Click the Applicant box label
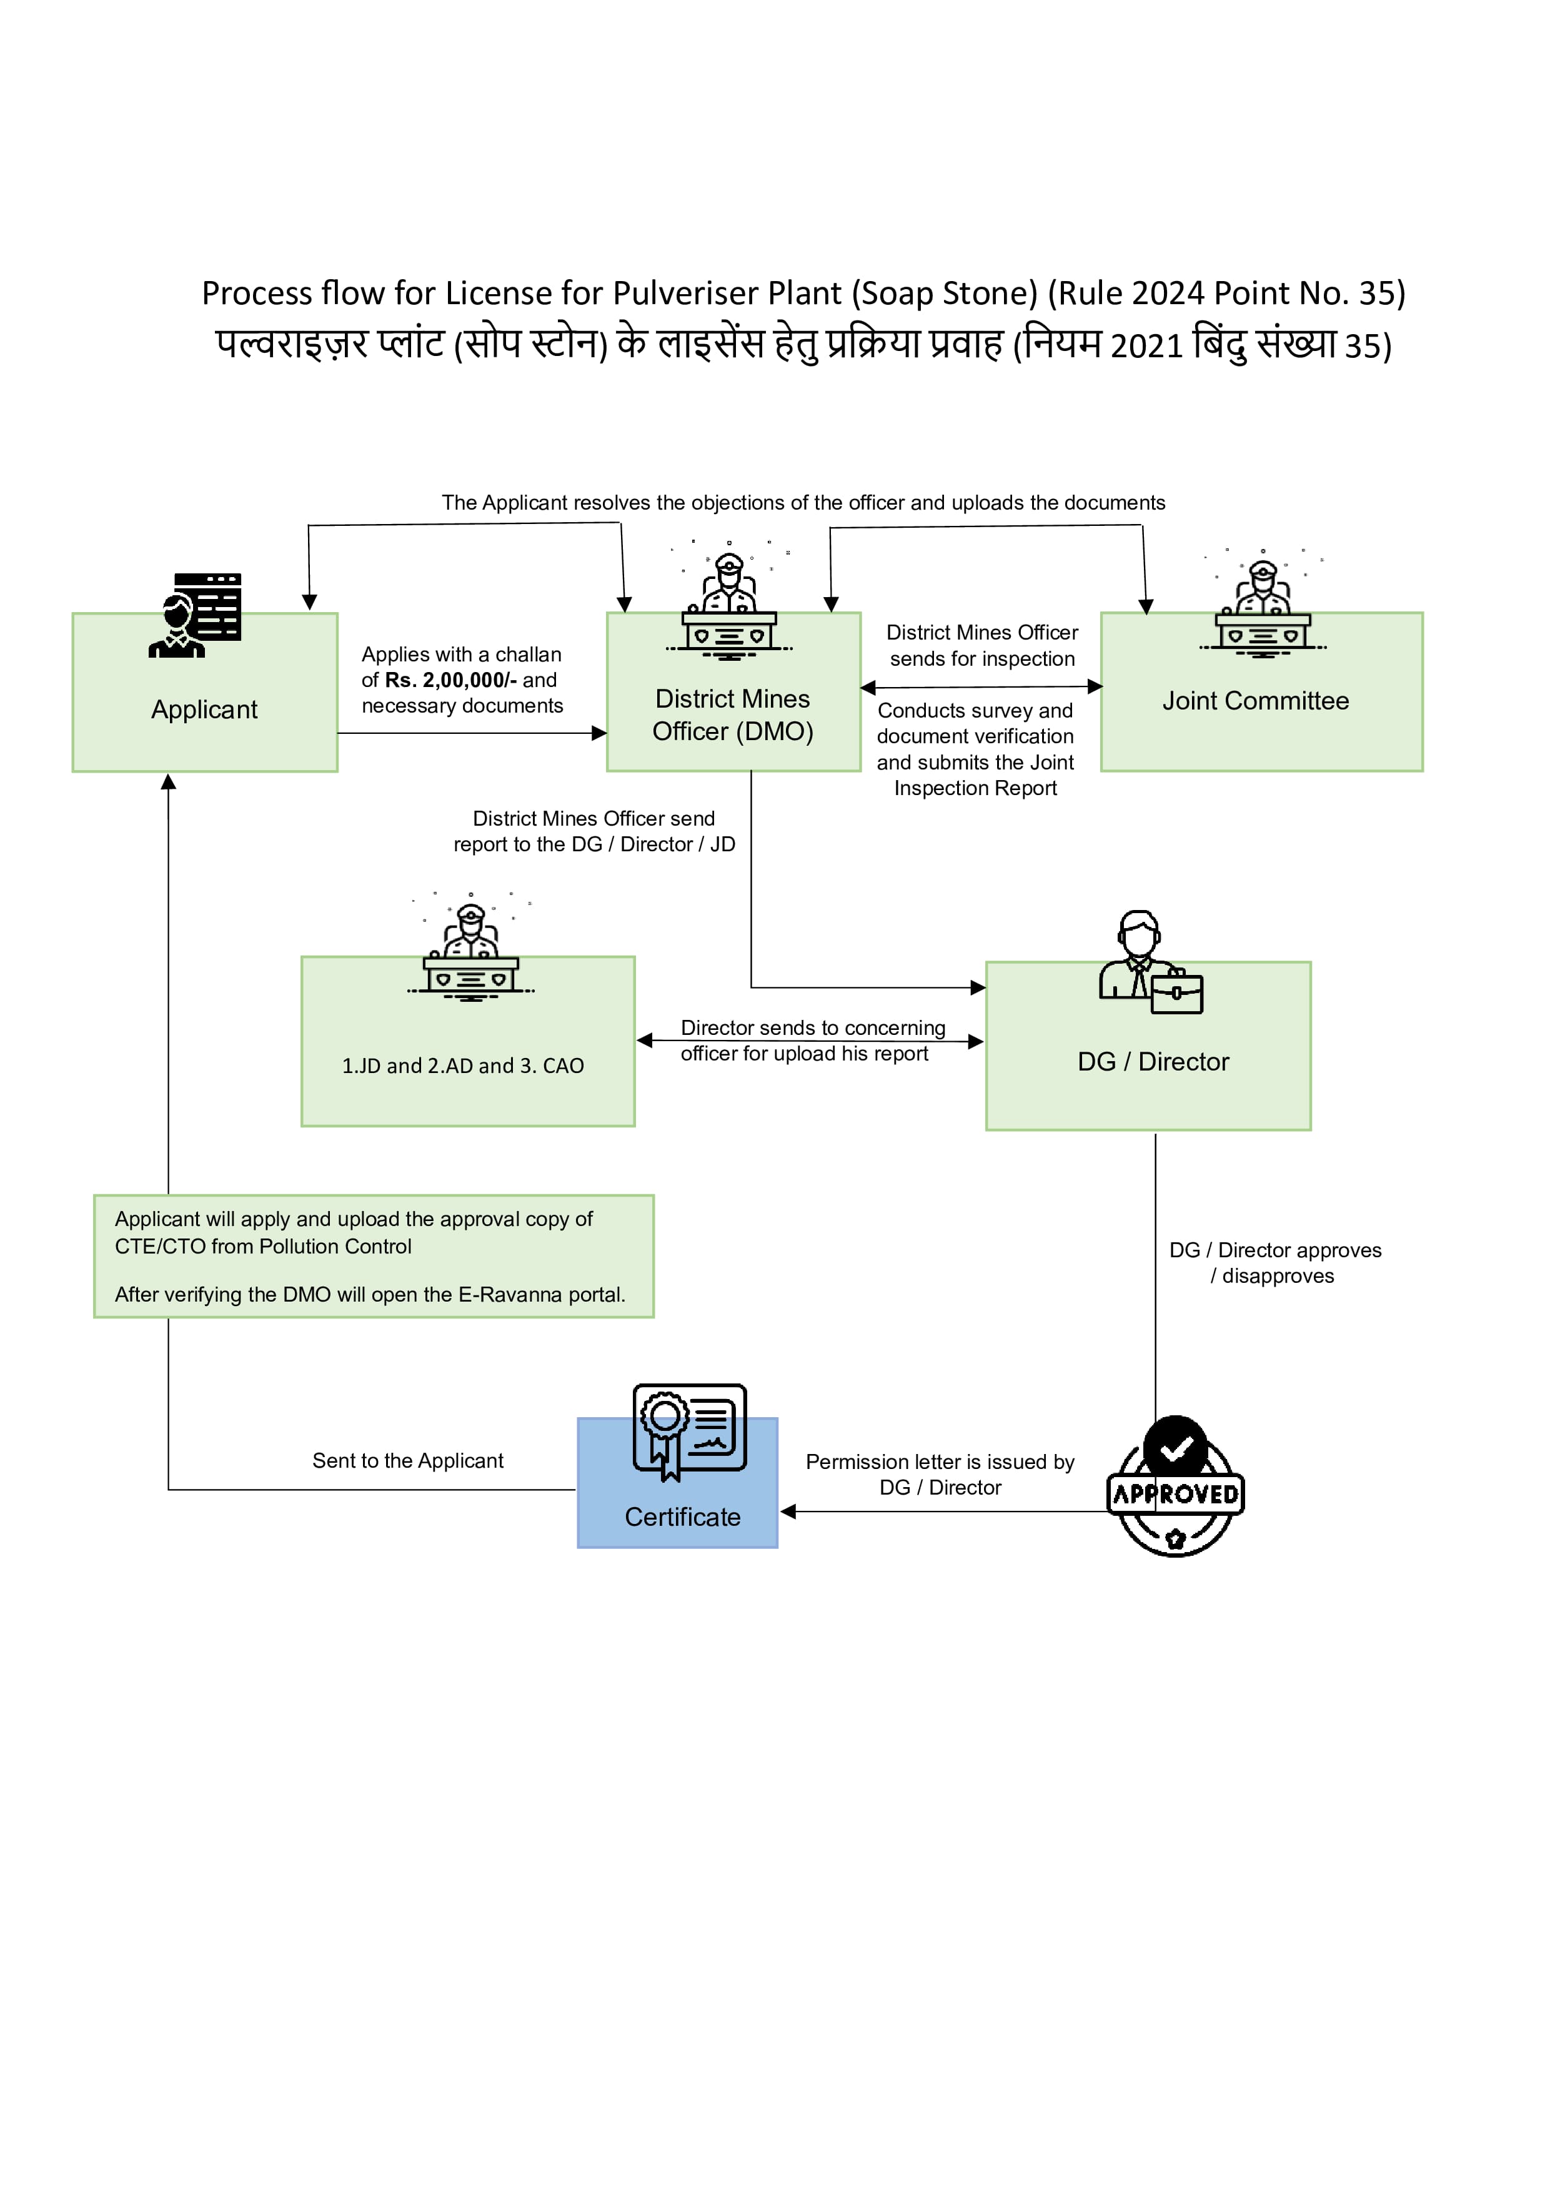(x=204, y=710)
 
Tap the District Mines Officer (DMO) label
(x=732, y=715)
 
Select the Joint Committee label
(x=1255, y=701)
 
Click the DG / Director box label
(x=1153, y=1062)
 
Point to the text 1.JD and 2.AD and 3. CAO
(x=463, y=1066)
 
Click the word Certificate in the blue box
(x=682, y=1517)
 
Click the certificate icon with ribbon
(x=689, y=1432)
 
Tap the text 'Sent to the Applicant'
(x=407, y=1461)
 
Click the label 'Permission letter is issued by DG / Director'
(x=940, y=1475)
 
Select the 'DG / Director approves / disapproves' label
(x=1275, y=1264)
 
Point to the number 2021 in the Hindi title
(x=1146, y=345)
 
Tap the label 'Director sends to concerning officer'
(x=812, y=1029)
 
